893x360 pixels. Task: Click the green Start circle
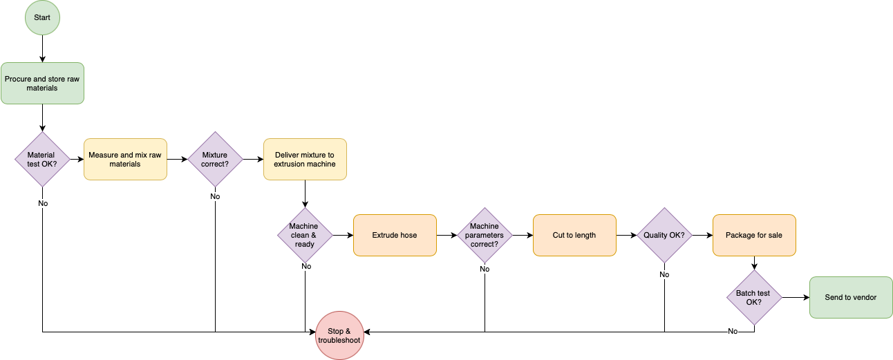coord(42,17)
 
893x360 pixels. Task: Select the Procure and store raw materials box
coord(42,84)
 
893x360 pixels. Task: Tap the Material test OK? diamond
coord(42,160)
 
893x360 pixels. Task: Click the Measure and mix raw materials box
coord(125,160)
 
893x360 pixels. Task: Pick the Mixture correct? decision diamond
coord(215,160)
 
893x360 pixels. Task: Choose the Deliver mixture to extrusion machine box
coord(305,160)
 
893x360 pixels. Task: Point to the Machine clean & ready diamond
coord(305,236)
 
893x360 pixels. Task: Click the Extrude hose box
coord(395,236)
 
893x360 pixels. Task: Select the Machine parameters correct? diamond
coord(485,236)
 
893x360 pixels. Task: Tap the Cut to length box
coord(574,236)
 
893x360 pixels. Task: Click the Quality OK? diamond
coord(664,236)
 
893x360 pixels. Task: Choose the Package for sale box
coord(754,236)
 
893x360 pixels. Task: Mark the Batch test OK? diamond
coord(754,298)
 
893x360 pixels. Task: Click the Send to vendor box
coord(851,298)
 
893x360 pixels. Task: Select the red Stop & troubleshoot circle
coord(339,336)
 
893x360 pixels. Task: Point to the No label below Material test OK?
coord(43,204)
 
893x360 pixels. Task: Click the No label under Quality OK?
coord(664,275)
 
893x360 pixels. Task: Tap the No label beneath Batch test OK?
coord(733,332)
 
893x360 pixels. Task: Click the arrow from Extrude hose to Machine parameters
coord(446,236)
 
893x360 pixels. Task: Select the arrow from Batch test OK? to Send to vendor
coord(795,298)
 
